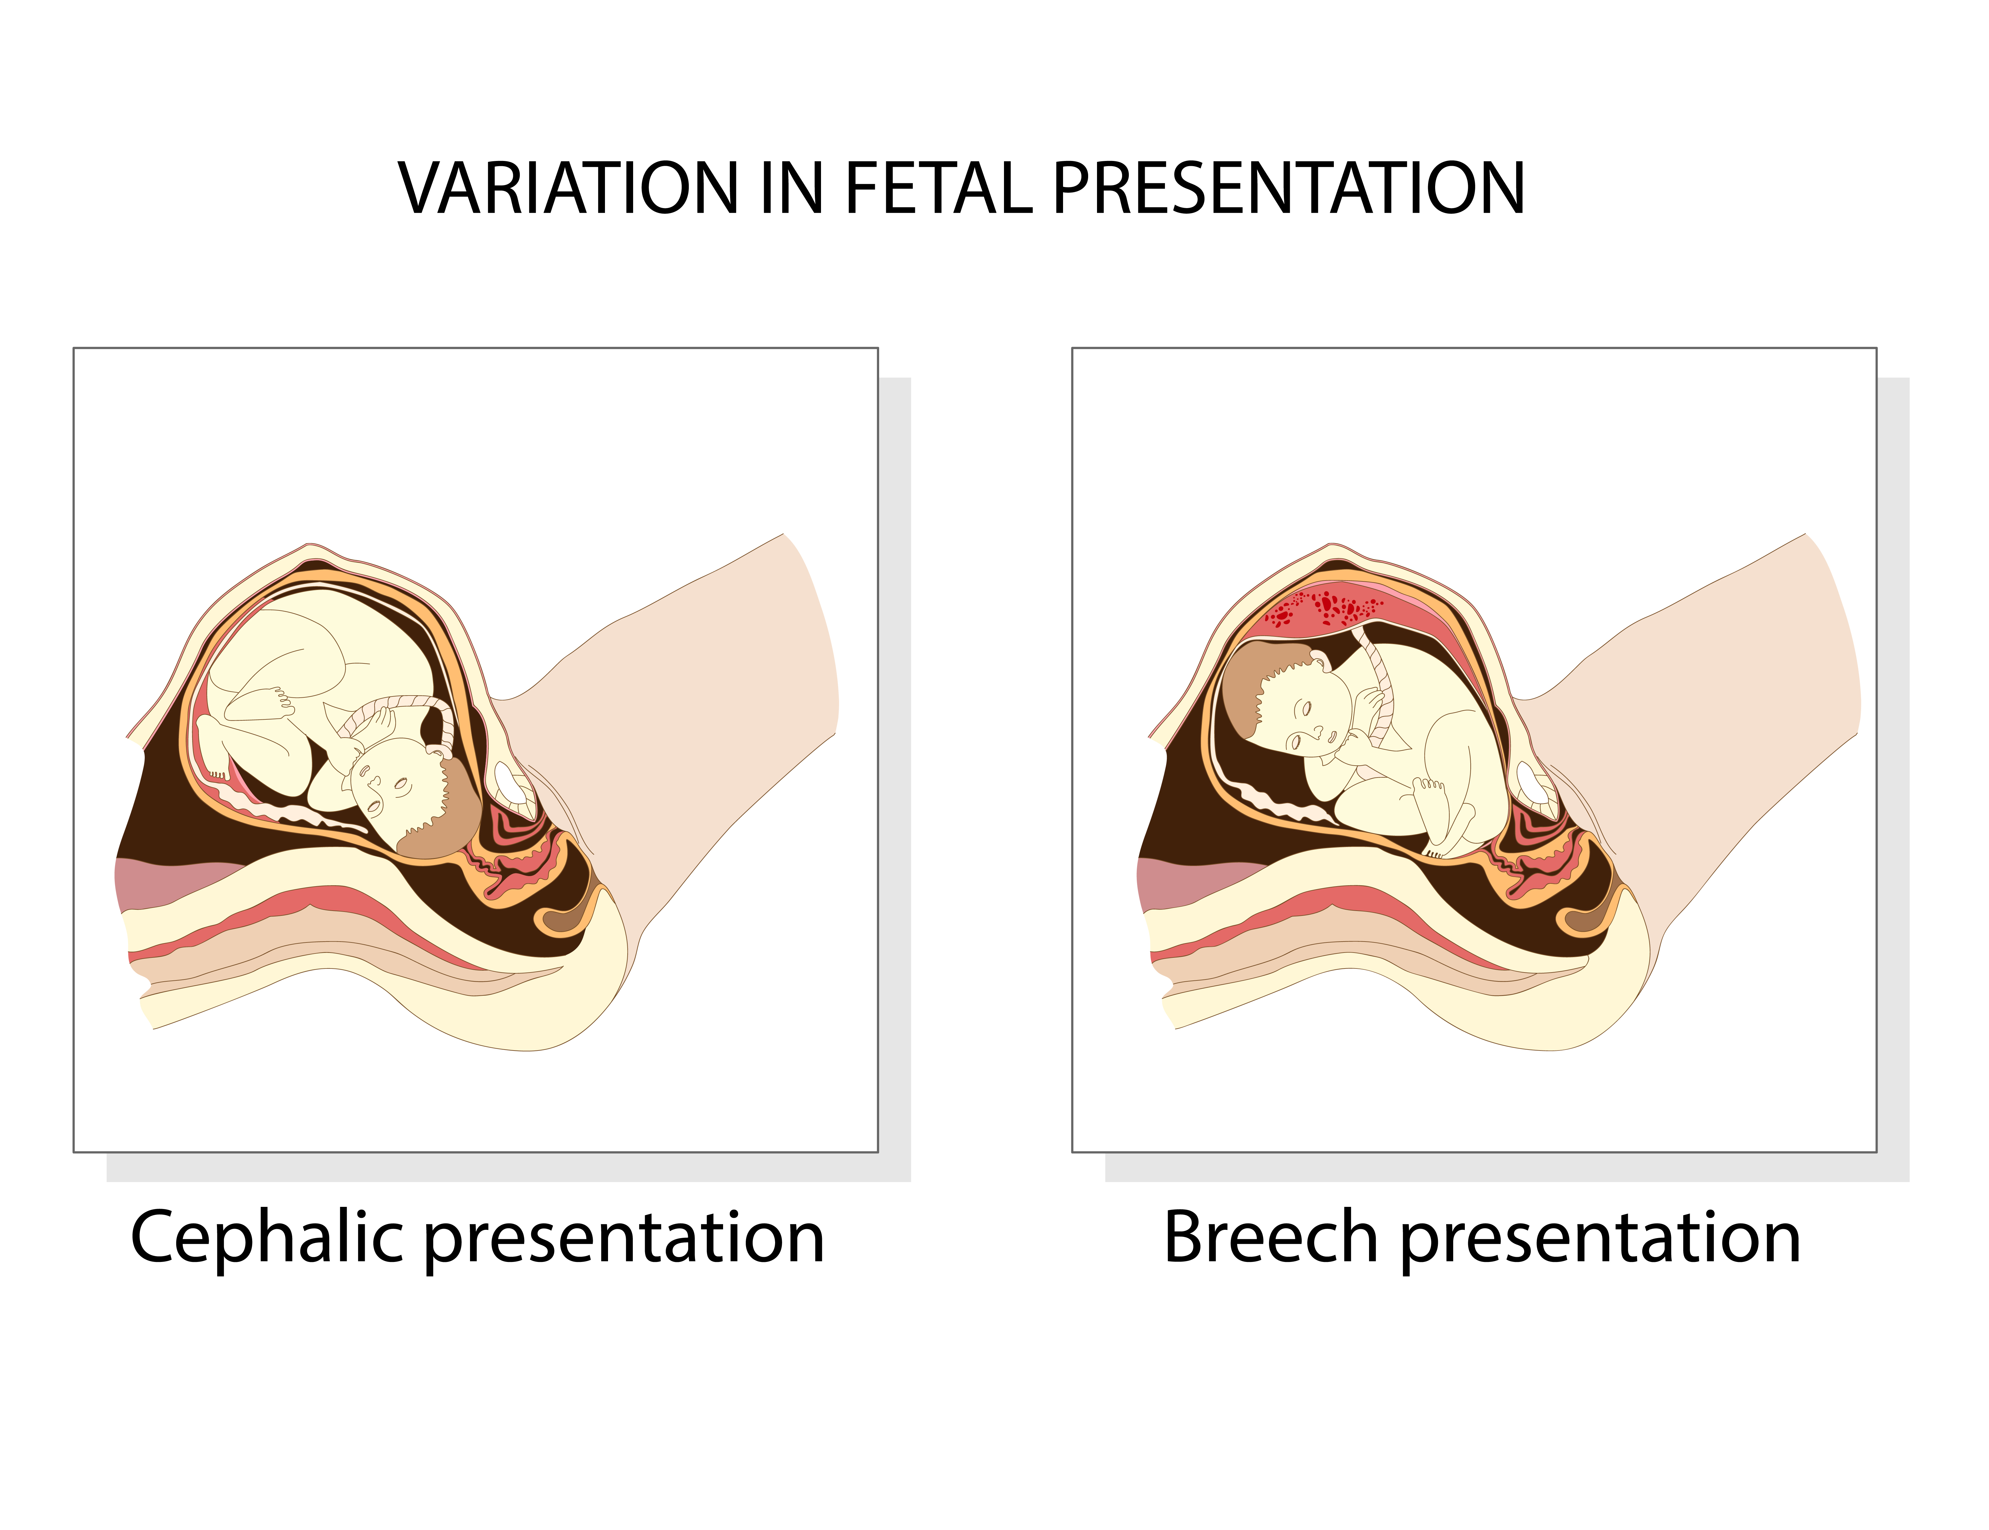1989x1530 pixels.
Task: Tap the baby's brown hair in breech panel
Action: tap(1243, 683)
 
